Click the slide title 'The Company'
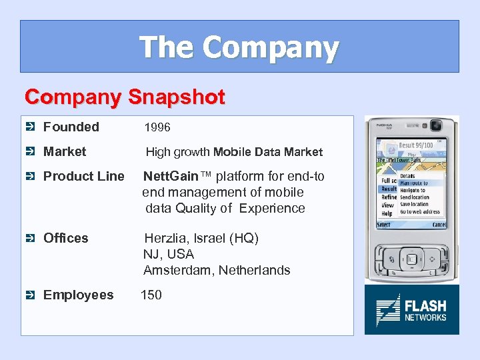point(239,47)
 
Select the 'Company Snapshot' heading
point(125,97)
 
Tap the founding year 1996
point(157,127)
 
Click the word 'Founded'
point(71,127)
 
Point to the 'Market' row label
point(65,151)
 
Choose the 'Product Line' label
point(83,176)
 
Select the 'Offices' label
point(65,238)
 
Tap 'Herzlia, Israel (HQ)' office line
point(201,238)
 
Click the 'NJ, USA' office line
point(169,254)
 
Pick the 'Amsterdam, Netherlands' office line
point(217,270)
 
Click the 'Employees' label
point(78,295)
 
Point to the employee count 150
point(151,295)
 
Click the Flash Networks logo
point(411,310)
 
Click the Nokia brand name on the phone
point(383,125)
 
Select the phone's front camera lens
point(437,125)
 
